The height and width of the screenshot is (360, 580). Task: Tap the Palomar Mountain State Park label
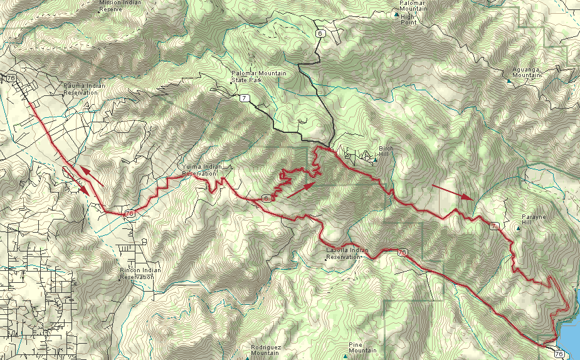point(258,77)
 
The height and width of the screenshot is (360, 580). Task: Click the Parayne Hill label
point(534,220)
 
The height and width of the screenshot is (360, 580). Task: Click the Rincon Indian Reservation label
point(140,273)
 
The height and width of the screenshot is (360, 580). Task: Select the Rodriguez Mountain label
point(264,350)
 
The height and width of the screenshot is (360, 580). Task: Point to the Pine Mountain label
point(363,347)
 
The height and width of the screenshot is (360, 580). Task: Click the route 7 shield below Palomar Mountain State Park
point(243,97)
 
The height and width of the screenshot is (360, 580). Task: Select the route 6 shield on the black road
point(320,33)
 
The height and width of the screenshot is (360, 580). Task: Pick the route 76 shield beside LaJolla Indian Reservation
point(402,252)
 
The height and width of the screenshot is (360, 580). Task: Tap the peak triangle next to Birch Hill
point(375,160)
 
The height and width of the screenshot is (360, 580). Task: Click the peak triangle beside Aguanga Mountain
point(509,80)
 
